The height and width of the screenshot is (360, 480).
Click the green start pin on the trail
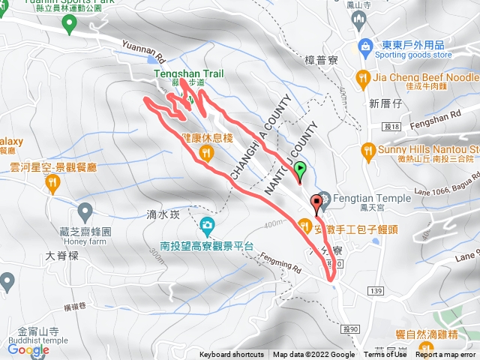[x=300, y=170]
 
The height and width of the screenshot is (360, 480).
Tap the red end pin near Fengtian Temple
[x=316, y=202]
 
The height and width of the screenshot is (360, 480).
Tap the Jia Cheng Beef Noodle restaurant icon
[x=363, y=77]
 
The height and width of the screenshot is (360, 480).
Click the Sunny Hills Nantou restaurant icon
[x=367, y=149]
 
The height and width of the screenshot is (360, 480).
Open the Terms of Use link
[x=385, y=355]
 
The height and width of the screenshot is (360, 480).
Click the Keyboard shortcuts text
[x=231, y=355]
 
